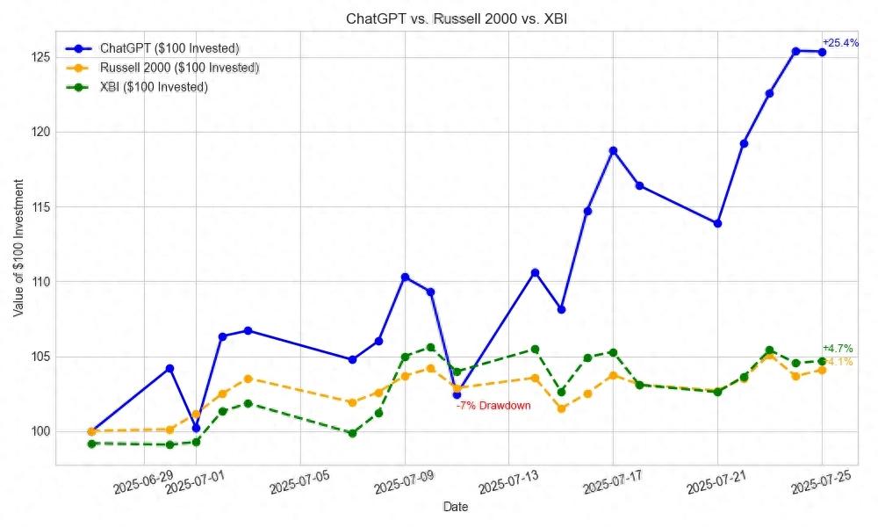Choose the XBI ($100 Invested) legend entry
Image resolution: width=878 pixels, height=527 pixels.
point(154,87)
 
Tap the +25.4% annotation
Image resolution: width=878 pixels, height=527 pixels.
point(840,42)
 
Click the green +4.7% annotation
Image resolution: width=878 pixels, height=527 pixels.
point(838,349)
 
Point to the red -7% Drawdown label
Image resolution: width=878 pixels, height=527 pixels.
point(493,406)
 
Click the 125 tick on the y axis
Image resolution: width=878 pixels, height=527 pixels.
point(39,57)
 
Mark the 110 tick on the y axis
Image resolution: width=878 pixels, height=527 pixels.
point(39,282)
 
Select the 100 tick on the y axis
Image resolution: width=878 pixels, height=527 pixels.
point(39,431)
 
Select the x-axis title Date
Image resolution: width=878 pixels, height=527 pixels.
point(456,507)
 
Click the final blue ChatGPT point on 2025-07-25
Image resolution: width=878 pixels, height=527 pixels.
point(822,52)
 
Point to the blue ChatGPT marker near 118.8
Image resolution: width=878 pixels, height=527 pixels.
point(613,150)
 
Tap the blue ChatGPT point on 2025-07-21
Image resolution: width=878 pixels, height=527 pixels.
point(717,223)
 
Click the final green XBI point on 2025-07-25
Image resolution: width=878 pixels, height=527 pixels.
point(822,361)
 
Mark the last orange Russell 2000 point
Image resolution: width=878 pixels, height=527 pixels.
point(822,370)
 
